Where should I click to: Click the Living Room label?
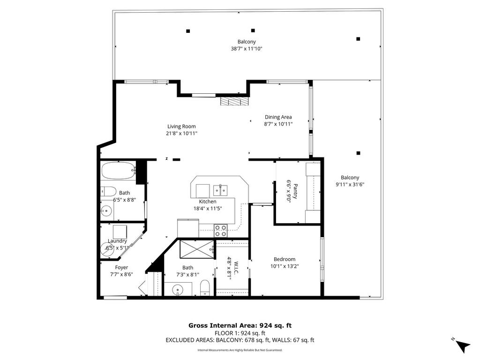(x=181, y=127)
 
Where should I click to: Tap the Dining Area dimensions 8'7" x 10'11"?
(x=278, y=124)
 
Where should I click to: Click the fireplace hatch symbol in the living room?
(x=234, y=102)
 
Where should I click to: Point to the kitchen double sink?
(x=220, y=190)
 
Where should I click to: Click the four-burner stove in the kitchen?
(x=220, y=231)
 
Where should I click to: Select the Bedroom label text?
(x=285, y=259)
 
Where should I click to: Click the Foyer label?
(x=121, y=268)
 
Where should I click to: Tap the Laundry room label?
(x=117, y=241)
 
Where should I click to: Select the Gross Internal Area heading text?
(x=240, y=325)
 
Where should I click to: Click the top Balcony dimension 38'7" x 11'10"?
(x=247, y=49)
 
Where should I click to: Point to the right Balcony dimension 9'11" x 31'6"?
(x=350, y=185)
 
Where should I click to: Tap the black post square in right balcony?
(x=358, y=153)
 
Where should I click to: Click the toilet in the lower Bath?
(x=205, y=288)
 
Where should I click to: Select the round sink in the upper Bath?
(x=106, y=210)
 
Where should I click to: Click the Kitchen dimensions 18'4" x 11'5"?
(x=208, y=209)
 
